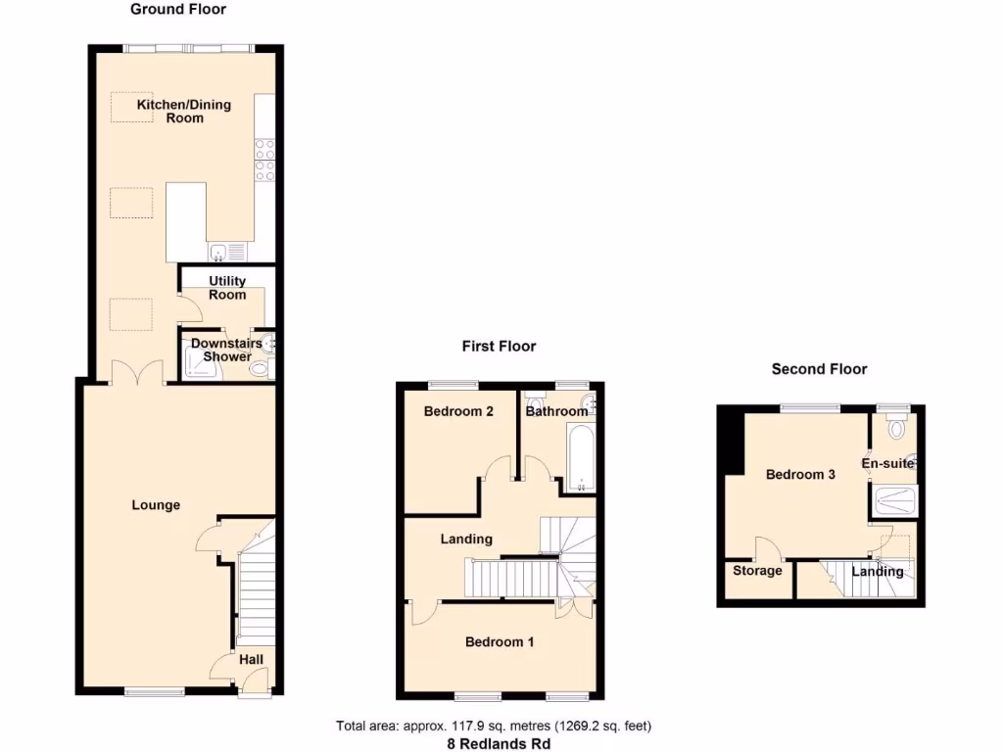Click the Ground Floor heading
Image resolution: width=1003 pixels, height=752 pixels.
[x=178, y=10]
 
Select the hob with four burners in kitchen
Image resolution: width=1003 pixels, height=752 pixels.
[x=264, y=161]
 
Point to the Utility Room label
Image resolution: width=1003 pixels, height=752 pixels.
[x=227, y=288]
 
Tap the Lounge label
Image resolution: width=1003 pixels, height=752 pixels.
[x=157, y=505]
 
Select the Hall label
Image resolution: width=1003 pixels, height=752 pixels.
[x=252, y=660]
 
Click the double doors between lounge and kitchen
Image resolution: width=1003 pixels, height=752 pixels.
[x=136, y=373]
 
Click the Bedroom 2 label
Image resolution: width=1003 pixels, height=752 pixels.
[x=458, y=412]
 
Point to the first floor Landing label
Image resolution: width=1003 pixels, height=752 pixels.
[x=466, y=539]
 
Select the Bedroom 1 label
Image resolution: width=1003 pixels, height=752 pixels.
[x=500, y=642]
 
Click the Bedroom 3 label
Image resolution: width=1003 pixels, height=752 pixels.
[x=800, y=475]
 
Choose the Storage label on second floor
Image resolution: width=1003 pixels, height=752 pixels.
[x=758, y=571]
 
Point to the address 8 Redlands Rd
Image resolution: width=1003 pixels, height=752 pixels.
[x=493, y=743]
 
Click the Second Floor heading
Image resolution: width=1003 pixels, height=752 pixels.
[x=819, y=369]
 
